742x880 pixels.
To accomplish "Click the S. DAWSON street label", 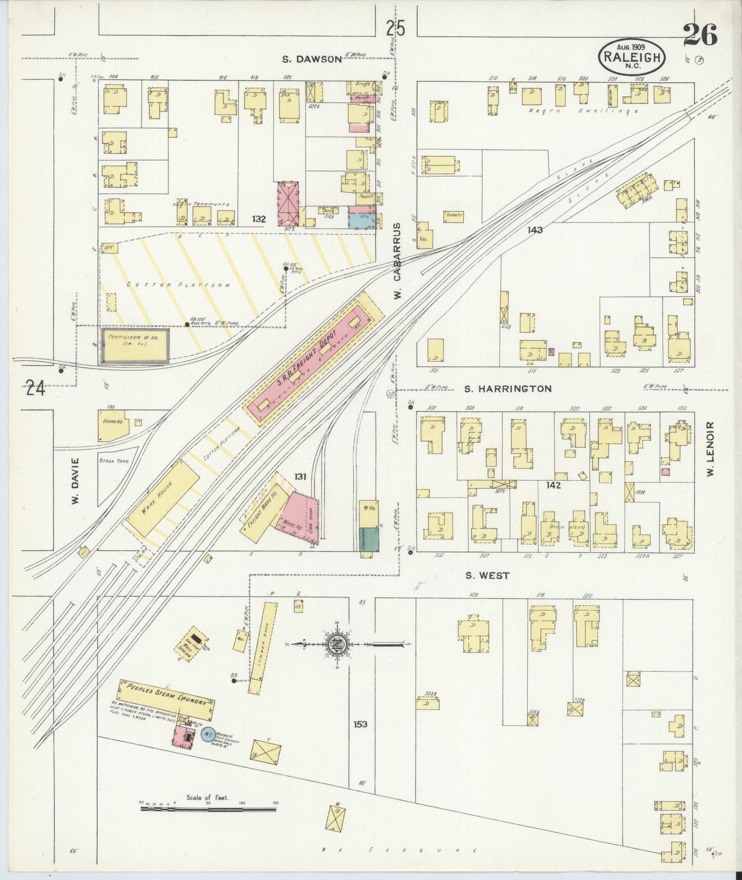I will pyautogui.click(x=312, y=59).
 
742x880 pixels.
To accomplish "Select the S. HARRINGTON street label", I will pyautogui.click(x=507, y=389).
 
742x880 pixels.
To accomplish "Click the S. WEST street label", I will pyautogui.click(x=487, y=576).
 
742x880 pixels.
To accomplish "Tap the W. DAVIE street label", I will pyautogui.click(x=75, y=481).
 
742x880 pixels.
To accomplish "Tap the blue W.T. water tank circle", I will pyautogui.click(x=208, y=735).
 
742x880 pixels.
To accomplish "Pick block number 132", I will pyautogui.click(x=259, y=219).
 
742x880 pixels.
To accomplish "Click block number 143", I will pyautogui.click(x=535, y=231).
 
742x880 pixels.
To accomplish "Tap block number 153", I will pyautogui.click(x=360, y=724).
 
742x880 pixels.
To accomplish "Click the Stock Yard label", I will pyautogui.click(x=114, y=461).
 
